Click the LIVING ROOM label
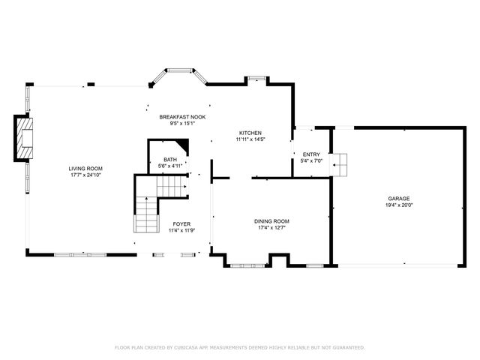pos(85,168)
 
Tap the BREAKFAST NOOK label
pos(182,117)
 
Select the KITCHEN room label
pos(250,133)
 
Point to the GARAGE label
pos(398,198)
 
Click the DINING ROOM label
pos(271,221)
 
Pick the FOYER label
pos(181,224)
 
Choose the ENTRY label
pos(310,154)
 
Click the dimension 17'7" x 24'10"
pos(85,175)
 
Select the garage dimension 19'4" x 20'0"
pos(398,205)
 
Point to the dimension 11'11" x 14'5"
pos(250,139)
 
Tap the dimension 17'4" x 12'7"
pos(271,228)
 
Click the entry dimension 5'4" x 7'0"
pos(310,161)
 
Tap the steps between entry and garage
pos(341,163)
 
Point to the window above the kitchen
pos(257,77)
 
